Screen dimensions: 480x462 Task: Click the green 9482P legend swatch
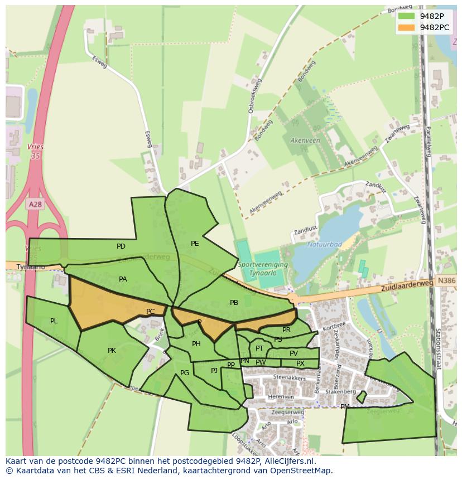point(407,16)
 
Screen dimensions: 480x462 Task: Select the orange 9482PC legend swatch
point(407,27)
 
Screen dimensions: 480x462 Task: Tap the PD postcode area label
point(121,246)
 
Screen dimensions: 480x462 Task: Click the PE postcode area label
point(195,244)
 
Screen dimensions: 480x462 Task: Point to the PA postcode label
point(123,279)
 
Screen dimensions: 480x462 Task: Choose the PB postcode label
point(234,303)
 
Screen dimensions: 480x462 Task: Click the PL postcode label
point(54,321)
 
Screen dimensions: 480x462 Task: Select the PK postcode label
point(112,351)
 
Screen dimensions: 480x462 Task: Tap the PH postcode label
point(196,344)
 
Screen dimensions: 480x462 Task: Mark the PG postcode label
point(185,373)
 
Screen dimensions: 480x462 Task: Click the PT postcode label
point(259,348)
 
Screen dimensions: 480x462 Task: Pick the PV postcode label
point(293,353)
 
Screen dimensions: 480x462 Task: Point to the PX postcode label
point(300,363)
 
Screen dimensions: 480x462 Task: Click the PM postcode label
point(345,407)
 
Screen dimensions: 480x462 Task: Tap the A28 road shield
point(35,205)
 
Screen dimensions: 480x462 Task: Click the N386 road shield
point(447,282)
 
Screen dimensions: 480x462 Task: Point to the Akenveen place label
point(305,140)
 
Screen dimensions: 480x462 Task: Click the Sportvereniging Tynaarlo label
point(262,268)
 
